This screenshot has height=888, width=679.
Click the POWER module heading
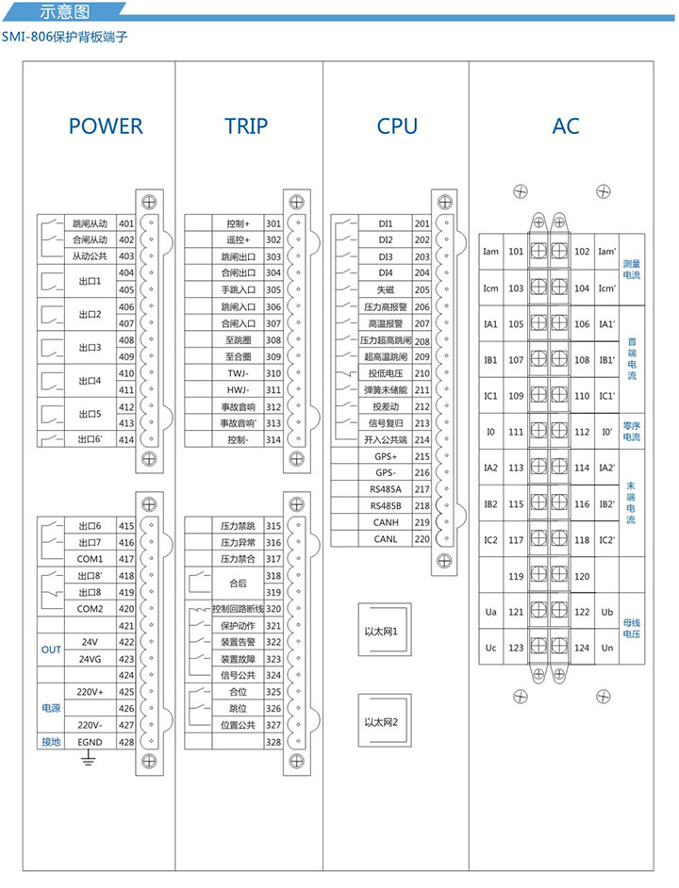click(106, 126)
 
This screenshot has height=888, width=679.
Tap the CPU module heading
click(396, 126)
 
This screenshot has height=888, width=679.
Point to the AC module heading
click(566, 126)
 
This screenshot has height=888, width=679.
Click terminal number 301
click(274, 223)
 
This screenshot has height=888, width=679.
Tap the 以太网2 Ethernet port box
click(384, 722)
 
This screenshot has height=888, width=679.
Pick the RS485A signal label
click(388, 489)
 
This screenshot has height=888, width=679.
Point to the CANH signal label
click(388, 522)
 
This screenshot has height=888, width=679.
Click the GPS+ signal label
click(388, 456)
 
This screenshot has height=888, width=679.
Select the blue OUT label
click(51, 650)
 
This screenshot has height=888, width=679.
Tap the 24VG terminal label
click(90, 659)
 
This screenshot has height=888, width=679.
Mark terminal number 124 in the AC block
click(582, 648)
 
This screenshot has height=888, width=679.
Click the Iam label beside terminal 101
click(490, 252)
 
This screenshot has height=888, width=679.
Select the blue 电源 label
click(51, 708)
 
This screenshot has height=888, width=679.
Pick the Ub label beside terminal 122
click(605, 612)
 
